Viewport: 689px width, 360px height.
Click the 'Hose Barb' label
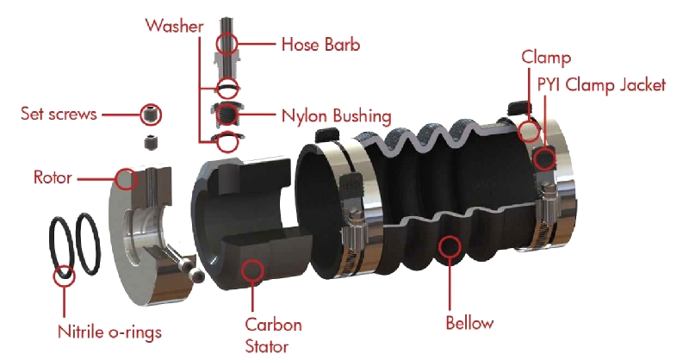pos(320,45)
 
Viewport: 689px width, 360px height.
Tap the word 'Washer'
pos(175,26)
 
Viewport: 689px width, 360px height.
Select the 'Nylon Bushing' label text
pos(336,116)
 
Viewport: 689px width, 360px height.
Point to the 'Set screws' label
pos(59,114)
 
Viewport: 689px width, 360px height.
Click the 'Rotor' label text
pos(53,177)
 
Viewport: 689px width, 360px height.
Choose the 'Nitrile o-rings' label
pos(110,332)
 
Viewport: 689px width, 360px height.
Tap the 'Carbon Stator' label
pos(273,335)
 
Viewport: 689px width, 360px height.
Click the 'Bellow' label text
pos(469,323)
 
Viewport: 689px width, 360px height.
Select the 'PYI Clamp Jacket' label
pos(601,85)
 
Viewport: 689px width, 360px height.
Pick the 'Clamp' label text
pos(546,58)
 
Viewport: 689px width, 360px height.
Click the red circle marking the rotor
pos(126,179)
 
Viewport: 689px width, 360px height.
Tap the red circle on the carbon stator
pos(252,270)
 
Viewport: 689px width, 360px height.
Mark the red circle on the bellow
pos(450,247)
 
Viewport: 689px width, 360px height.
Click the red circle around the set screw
pos(151,115)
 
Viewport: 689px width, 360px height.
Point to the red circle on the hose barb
pos(227,44)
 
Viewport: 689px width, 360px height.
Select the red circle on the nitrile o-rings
pos(64,276)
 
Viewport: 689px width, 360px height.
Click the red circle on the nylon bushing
pos(227,115)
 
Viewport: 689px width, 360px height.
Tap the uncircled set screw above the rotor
pos(152,141)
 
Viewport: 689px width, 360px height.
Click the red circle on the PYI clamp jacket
pos(545,158)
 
